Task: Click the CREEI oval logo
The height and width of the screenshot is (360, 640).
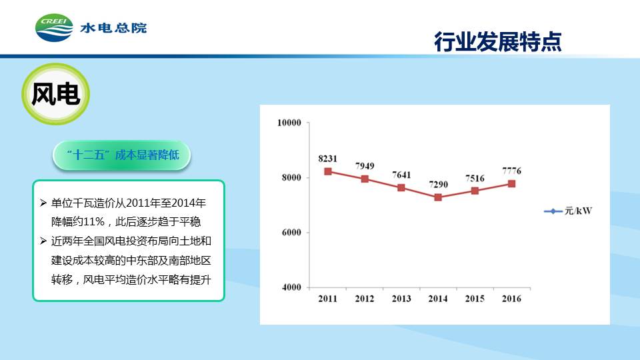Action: [54, 28]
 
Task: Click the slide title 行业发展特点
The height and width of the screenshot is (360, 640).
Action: [497, 41]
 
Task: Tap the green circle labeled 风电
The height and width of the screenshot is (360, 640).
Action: [55, 94]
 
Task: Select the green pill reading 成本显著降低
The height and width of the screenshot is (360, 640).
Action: [121, 155]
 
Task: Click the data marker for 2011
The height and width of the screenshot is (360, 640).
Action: [328, 171]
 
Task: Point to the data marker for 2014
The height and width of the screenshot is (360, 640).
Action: [438, 197]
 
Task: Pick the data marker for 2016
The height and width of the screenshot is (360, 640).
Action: [511, 184]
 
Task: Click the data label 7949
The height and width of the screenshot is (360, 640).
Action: [365, 166]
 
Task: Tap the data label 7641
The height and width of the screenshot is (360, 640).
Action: [401, 175]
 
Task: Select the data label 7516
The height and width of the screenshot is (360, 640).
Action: [475, 178]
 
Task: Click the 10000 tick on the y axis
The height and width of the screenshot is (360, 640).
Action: [289, 123]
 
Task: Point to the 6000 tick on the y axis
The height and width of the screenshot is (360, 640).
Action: [291, 232]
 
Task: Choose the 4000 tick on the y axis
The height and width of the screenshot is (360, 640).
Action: [291, 287]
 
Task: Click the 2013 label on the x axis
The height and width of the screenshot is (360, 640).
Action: [401, 299]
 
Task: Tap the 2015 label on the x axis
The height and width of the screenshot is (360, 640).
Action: [475, 299]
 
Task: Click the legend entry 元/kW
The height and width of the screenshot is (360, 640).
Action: [568, 211]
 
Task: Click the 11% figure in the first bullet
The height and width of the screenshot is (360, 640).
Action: [94, 221]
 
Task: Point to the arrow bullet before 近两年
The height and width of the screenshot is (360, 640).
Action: [43, 241]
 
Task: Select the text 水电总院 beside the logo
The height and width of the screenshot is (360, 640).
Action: [113, 28]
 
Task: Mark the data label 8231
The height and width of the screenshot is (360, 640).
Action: [328, 159]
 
